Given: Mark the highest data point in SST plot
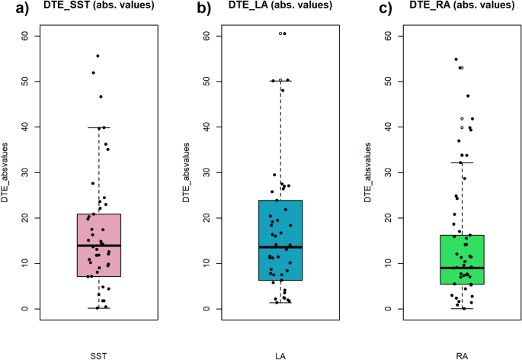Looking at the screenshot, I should (98, 56).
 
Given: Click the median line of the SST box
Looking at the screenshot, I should (98, 246).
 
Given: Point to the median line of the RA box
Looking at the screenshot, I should (463, 268).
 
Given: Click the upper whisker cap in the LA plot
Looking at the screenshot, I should (280, 80).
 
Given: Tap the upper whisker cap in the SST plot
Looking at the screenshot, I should (98, 127).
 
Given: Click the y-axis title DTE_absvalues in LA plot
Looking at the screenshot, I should (186, 172).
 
